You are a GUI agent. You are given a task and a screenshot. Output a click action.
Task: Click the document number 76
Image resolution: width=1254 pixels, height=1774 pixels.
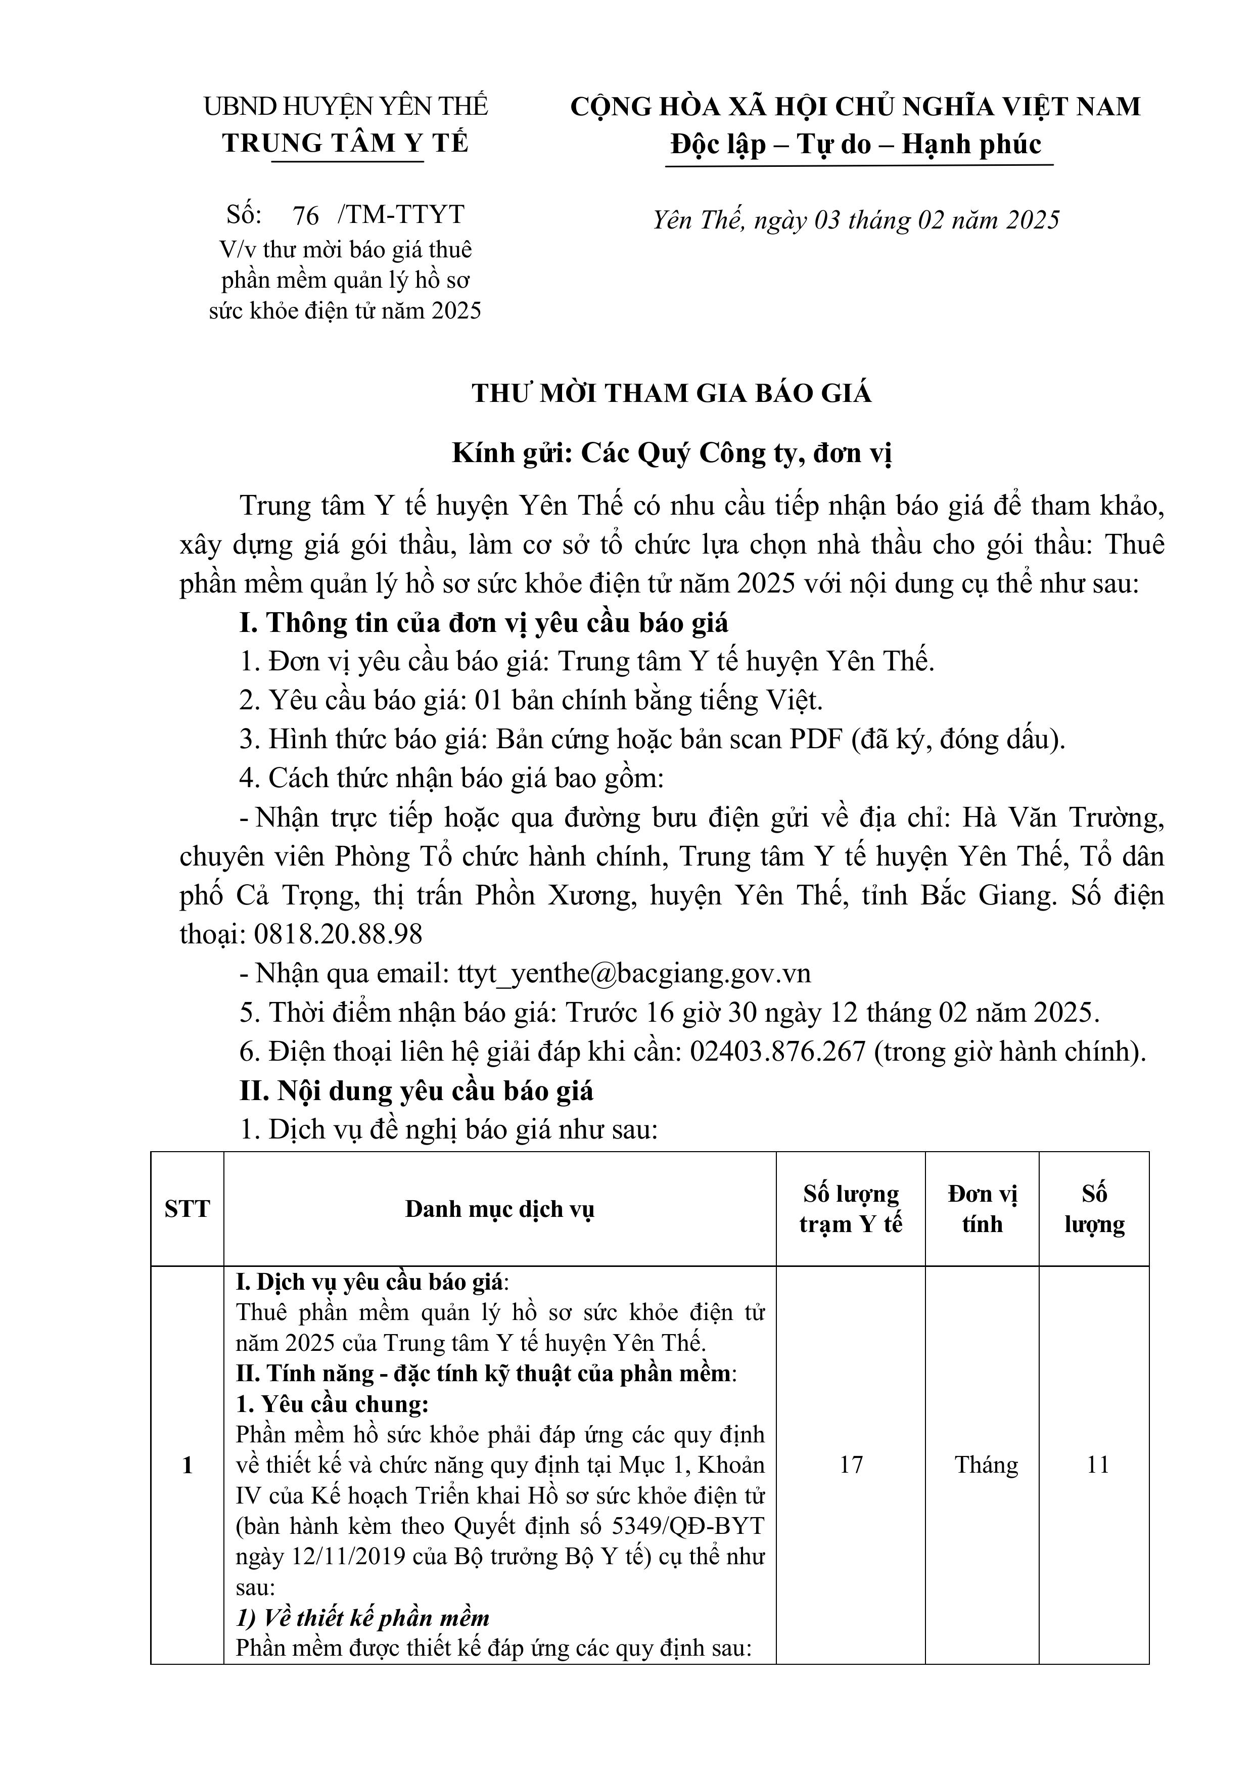(306, 215)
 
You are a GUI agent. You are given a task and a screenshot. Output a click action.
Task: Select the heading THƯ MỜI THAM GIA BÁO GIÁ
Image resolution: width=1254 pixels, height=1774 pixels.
(671, 394)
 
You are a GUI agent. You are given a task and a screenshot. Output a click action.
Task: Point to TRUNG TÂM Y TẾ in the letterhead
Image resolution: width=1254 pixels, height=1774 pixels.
(345, 143)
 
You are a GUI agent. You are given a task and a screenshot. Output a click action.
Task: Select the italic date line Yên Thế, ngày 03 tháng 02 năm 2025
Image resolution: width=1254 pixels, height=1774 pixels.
(855, 221)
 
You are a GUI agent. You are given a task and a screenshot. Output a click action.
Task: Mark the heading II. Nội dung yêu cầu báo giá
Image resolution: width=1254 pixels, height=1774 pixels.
(416, 1090)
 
